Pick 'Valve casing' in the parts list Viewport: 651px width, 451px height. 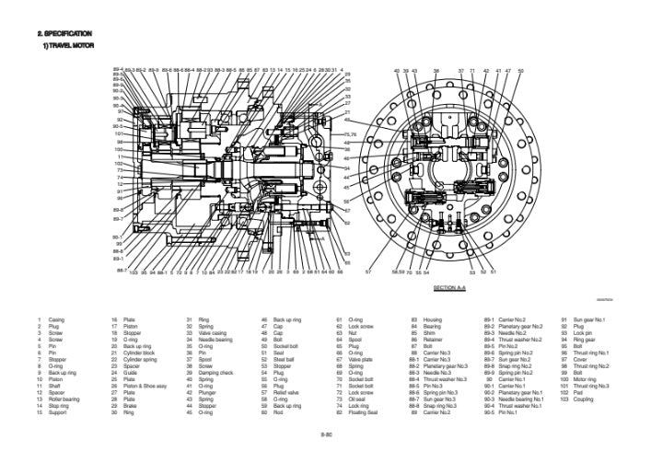point(214,332)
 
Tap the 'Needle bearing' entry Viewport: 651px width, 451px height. point(216,339)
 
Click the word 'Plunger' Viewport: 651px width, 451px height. point(208,391)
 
